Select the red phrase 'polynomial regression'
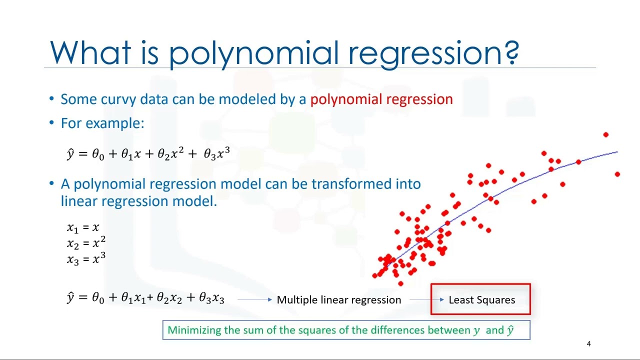pyautogui.click(x=381, y=99)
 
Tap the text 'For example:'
pyautogui.click(x=102, y=123)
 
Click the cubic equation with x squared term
pyautogui.click(x=148, y=153)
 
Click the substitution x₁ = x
pyautogui.click(x=83, y=228)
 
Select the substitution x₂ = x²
pyautogui.click(x=86, y=243)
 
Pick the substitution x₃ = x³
pyautogui.click(x=86, y=259)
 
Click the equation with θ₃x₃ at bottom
pyautogui.click(x=145, y=298)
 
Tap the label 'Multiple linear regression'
pyautogui.click(x=338, y=300)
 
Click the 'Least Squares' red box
pyautogui.click(x=481, y=300)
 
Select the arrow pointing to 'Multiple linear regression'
pyautogui.click(x=255, y=299)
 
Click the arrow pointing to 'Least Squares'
pyautogui.click(x=426, y=299)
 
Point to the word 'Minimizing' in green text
pyautogui.click(x=194, y=330)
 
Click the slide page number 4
pyautogui.click(x=588, y=344)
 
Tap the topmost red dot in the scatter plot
pyautogui.click(x=605, y=134)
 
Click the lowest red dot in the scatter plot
pyautogui.click(x=400, y=283)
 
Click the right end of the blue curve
pyautogui.click(x=617, y=151)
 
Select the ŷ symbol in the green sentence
pyautogui.click(x=510, y=330)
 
